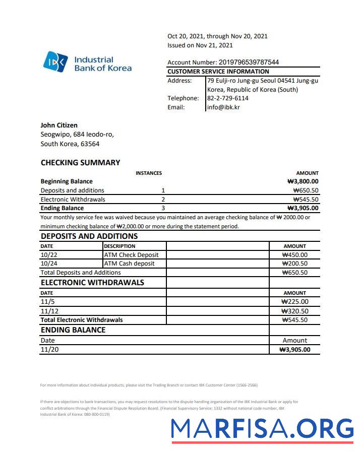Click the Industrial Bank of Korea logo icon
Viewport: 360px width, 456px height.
[55, 62]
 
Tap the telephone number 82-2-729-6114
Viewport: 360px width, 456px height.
[227, 98]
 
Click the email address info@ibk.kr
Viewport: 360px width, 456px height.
[223, 107]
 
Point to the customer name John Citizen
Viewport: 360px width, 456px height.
[59, 125]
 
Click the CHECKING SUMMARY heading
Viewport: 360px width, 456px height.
[80, 162]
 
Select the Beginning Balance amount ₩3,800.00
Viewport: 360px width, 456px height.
[303, 181]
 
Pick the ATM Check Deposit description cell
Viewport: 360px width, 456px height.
[131, 255]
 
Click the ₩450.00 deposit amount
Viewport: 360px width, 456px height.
[295, 255]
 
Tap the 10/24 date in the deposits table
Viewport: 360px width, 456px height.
[48, 264]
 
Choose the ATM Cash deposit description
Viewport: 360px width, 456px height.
[129, 264]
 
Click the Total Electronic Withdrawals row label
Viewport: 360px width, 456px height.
[82, 320]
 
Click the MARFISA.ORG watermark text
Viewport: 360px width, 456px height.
[262, 429]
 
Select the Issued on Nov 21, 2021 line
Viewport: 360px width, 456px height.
[200, 45]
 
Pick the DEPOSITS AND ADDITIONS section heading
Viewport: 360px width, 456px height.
[89, 236]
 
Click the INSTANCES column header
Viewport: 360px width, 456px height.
[149, 173]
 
